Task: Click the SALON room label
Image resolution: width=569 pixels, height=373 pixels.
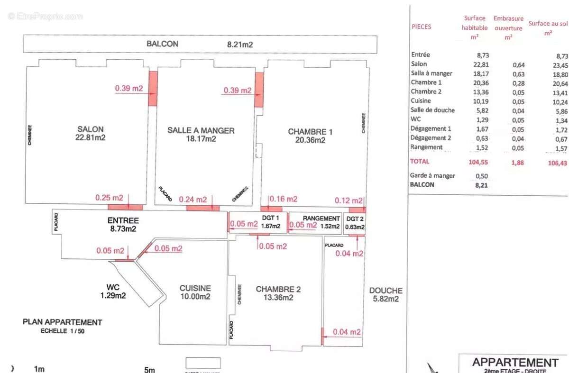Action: [x=91, y=129]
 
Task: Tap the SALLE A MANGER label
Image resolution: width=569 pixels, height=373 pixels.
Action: [x=201, y=130]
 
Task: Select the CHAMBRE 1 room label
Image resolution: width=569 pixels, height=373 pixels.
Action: [x=310, y=131]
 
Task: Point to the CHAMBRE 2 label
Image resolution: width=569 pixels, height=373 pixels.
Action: [x=278, y=289]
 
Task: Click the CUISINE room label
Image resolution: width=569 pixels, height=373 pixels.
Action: [x=195, y=288]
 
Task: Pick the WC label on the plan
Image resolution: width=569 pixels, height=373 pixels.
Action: [x=112, y=287]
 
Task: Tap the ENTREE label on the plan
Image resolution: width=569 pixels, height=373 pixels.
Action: [x=123, y=220]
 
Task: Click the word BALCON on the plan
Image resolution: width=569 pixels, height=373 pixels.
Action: [x=162, y=44]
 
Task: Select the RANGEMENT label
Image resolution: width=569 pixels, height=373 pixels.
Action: [x=321, y=218]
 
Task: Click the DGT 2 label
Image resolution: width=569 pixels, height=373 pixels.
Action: [x=355, y=218]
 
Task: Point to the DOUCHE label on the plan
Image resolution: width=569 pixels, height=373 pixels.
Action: [x=386, y=291]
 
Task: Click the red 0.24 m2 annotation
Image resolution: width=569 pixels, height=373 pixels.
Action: [x=193, y=200]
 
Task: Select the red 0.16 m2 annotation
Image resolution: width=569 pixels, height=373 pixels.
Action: [x=284, y=199]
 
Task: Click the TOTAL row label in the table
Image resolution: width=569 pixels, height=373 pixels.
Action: [x=420, y=161]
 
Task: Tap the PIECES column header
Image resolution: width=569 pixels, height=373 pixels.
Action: [x=422, y=27]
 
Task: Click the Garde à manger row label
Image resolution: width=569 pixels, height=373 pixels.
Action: [x=433, y=175]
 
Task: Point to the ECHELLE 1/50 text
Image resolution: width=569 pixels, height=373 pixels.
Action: [x=63, y=331]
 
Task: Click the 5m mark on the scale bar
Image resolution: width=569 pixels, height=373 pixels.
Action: [x=150, y=369]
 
